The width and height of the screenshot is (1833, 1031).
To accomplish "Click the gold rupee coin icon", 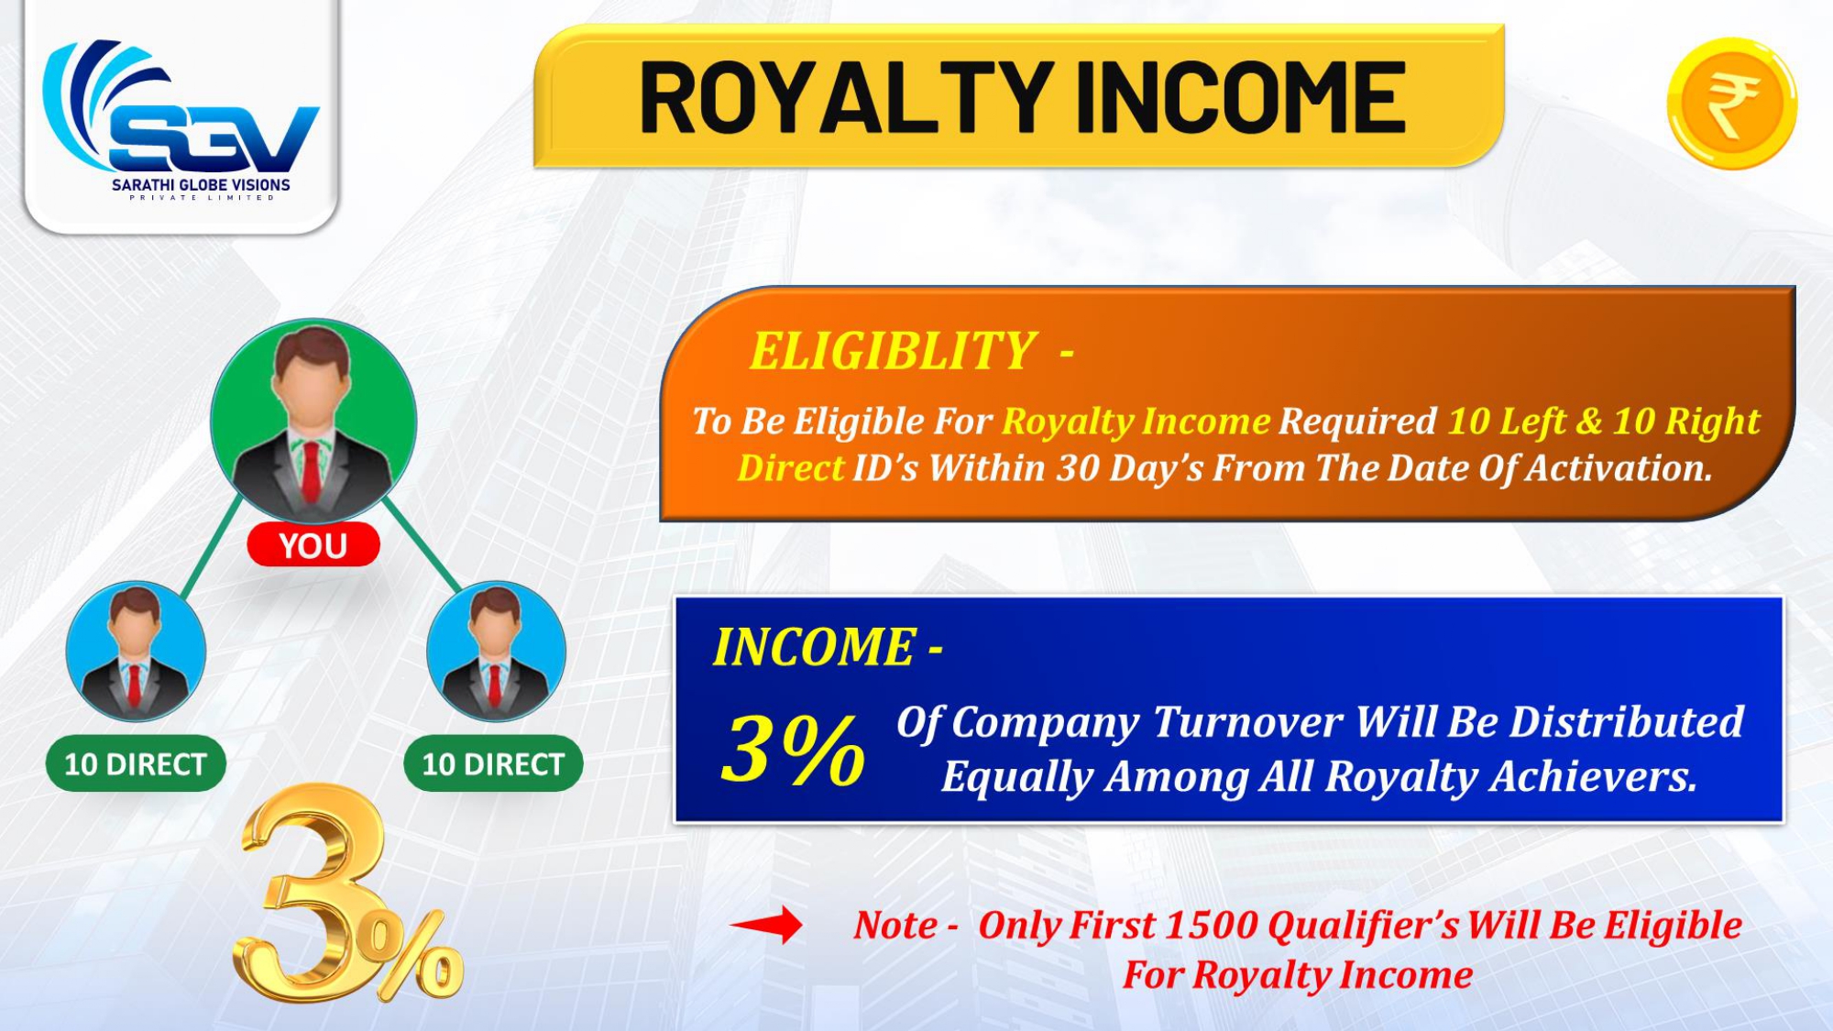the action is click(x=1732, y=104).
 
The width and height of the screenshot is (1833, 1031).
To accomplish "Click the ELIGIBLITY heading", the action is click(x=893, y=351).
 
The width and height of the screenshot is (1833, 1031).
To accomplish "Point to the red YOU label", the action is click(x=313, y=545).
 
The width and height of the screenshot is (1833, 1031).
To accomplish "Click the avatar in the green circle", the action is click(x=313, y=422).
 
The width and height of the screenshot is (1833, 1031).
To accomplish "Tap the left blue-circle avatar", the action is click(x=136, y=652).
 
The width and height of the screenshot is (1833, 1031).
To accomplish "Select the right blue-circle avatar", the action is click(x=496, y=652).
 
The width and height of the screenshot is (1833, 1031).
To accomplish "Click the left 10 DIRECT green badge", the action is click(x=136, y=763).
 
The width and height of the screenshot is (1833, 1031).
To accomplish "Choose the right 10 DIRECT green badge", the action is click(x=493, y=763).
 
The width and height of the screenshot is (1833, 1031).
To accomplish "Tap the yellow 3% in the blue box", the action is click(x=793, y=751).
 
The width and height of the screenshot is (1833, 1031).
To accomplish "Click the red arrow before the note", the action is click(x=766, y=925).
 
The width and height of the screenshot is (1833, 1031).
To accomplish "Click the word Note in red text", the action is click(x=895, y=926).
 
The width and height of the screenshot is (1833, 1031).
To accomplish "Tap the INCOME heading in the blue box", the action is click(x=814, y=647).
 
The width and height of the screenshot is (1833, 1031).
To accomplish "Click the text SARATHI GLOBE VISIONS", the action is click(x=201, y=185).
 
